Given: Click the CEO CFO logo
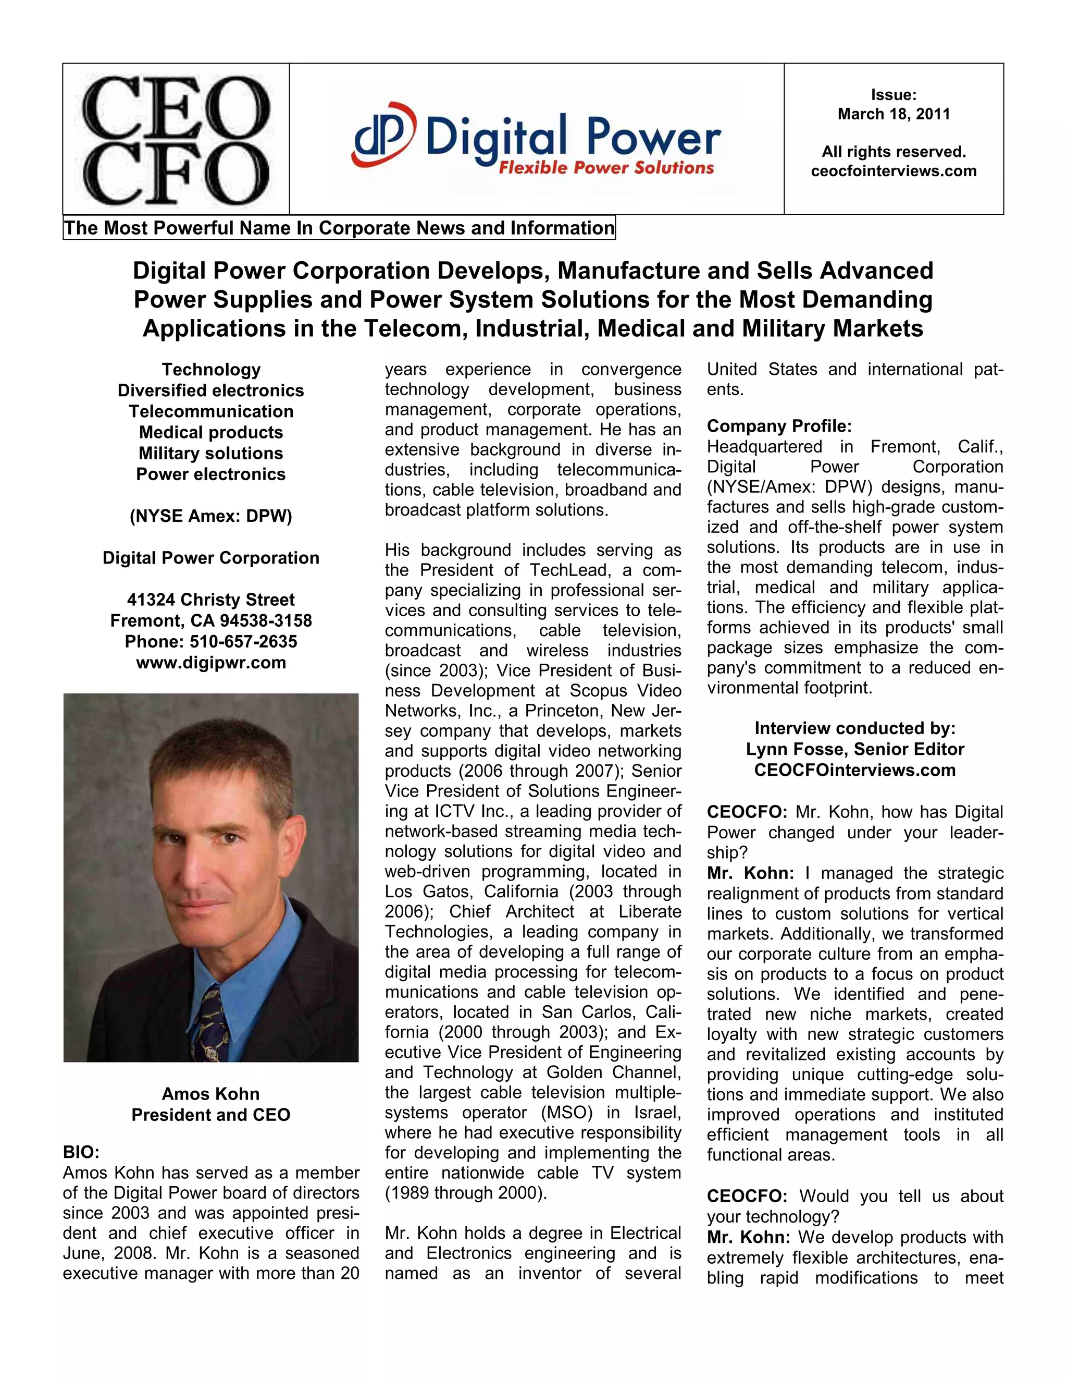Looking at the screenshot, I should click(176, 139).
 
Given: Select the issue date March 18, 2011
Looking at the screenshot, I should click(893, 114).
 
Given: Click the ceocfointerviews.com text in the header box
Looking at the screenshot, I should click(893, 171).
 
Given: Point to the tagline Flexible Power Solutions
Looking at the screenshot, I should click(606, 168).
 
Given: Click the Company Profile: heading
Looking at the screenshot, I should click(779, 426).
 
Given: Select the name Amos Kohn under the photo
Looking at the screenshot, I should click(211, 1094).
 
